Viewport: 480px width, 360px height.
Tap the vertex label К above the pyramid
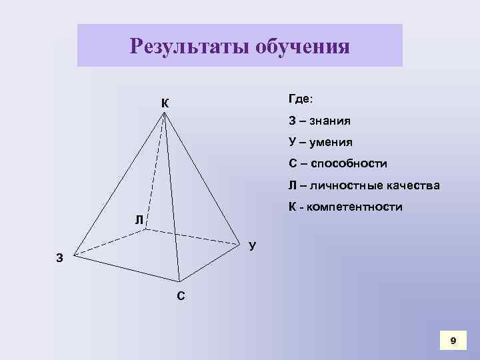[x=164, y=103]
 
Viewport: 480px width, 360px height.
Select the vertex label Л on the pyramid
[x=137, y=220]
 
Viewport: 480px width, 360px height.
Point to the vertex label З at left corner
[x=60, y=259]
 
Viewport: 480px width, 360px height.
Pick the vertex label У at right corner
[x=252, y=247]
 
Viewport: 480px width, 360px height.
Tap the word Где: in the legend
[x=303, y=99]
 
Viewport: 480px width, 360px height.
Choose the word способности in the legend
[x=347, y=163]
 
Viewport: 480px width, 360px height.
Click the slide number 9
[x=453, y=341]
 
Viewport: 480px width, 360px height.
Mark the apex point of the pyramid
[x=165, y=113]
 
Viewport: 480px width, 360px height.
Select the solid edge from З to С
[x=127, y=269]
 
